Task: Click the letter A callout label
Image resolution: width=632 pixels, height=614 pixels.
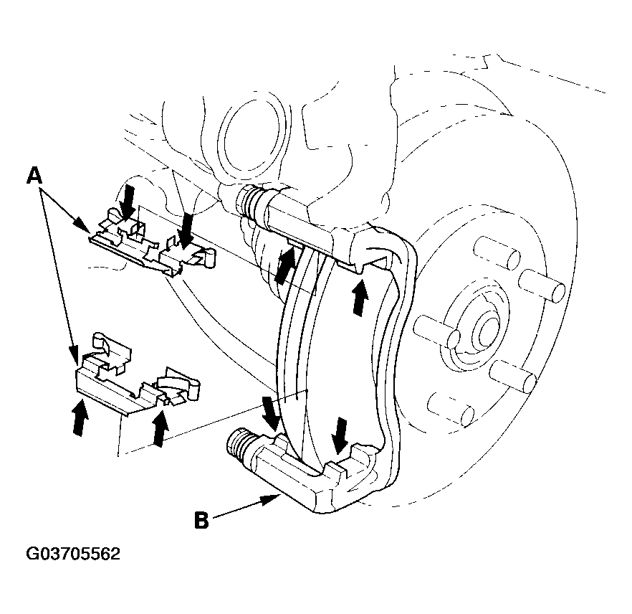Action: pos(34,176)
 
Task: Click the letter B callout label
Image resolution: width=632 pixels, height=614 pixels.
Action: pos(201,520)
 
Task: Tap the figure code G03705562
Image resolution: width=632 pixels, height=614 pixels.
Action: pos(73,554)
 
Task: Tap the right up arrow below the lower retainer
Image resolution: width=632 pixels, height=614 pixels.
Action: pos(161,428)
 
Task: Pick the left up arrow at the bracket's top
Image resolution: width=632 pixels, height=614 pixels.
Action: pos(285,265)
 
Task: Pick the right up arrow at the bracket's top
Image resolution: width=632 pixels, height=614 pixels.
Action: pos(360,298)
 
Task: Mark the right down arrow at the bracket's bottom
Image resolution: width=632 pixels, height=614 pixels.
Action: pos(340,435)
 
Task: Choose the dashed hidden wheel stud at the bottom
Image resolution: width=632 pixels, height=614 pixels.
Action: pos(450,409)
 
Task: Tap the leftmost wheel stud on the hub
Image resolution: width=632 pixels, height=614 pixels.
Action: pos(436,331)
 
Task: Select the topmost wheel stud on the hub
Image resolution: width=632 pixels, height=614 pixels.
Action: pos(497,253)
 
